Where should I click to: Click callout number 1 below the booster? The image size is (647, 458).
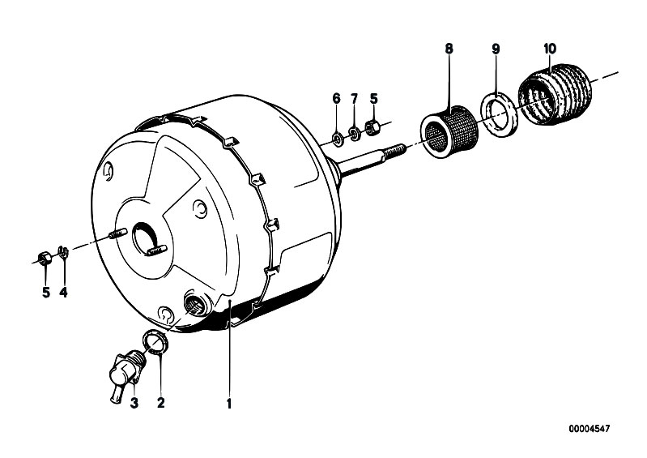[229, 403]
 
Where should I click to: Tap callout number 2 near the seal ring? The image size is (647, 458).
[161, 402]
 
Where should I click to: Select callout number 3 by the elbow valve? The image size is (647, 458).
[134, 403]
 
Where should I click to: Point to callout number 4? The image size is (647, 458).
[63, 293]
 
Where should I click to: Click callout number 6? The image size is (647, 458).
[337, 99]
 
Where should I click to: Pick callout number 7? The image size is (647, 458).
[354, 99]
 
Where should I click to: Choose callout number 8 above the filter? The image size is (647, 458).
[449, 49]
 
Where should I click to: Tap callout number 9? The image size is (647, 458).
[496, 49]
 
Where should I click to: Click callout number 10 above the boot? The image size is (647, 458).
[550, 49]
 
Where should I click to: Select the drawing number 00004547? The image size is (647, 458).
[590, 429]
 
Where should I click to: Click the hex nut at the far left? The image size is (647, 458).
[45, 259]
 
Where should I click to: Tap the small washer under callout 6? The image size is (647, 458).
[337, 139]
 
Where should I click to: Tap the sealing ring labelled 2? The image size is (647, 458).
[155, 342]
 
